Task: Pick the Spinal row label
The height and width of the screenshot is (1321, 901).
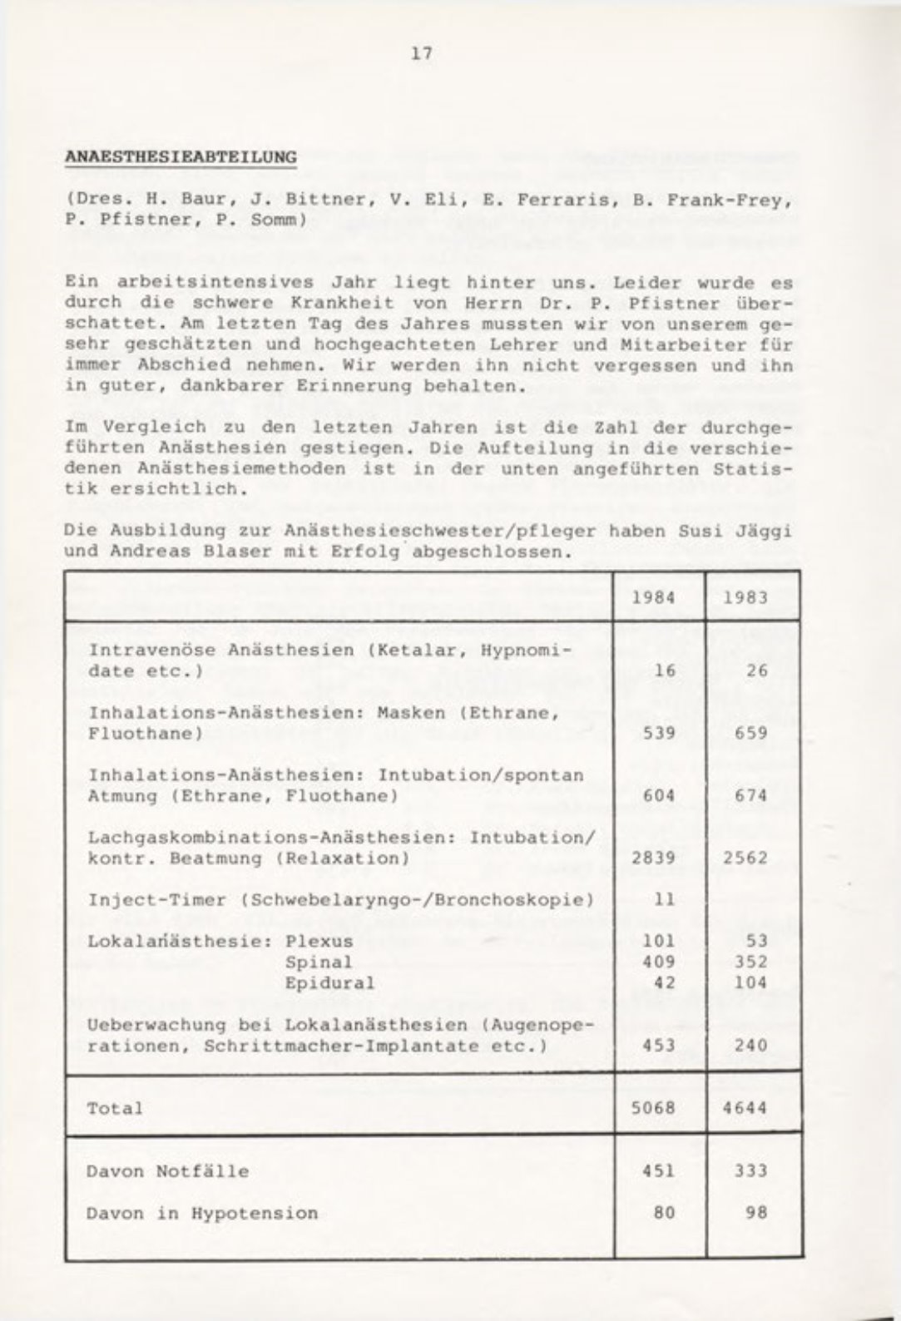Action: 319,962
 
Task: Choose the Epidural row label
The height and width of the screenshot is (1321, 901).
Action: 329,982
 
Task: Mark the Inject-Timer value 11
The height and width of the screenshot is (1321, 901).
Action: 663,899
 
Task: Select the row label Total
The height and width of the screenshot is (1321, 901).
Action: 115,1108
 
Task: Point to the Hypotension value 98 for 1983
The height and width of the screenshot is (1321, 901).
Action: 755,1212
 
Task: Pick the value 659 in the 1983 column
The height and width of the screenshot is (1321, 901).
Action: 750,733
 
